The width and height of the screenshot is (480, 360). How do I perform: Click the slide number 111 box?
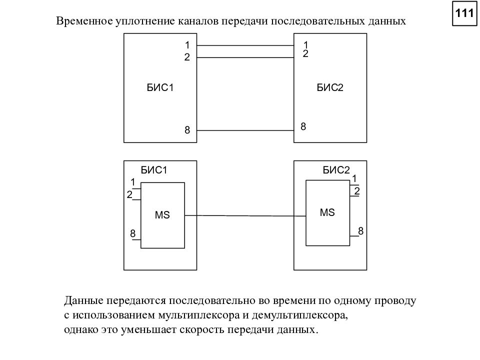[464, 13]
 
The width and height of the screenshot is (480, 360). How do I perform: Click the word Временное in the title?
[84, 21]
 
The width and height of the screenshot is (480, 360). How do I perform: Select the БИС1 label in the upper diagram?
[160, 88]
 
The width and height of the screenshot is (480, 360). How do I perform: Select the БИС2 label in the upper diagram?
[330, 88]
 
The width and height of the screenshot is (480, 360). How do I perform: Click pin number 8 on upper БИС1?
[187, 130]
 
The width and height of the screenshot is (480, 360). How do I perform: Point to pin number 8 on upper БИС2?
[303, 126]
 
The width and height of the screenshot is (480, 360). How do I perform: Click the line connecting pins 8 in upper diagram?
[245, 130]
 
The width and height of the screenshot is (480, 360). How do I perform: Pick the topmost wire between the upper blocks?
[245, 45]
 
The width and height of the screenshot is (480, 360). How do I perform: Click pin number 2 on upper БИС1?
[187, 57]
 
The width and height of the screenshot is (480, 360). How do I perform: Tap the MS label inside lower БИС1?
[162, 215]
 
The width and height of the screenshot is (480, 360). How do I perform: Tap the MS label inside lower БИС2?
[327, 212]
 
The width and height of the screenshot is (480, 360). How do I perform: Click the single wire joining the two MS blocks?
[245, 216]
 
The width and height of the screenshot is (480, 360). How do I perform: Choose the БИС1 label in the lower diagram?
[154, 170]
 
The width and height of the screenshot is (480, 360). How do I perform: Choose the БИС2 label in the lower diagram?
[336, 170]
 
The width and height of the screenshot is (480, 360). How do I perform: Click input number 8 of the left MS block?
[132, 233]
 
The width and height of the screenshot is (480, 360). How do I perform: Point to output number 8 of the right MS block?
[361, 231]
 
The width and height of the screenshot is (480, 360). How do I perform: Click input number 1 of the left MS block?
[133, 182]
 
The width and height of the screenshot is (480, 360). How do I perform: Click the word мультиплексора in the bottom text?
[198, 315]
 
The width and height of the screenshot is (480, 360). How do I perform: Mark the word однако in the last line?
[81, 329]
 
